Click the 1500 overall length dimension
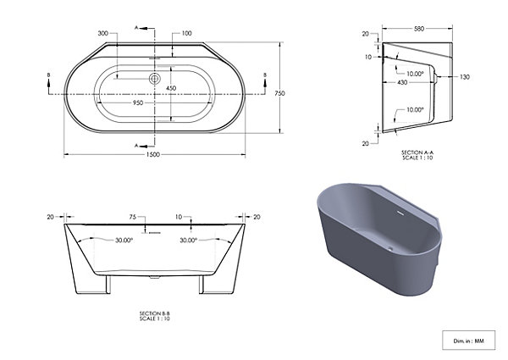(x=153, y=154)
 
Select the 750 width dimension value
(x=279, y=93)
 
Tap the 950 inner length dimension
(x=138, y=103)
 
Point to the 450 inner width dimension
(x=171, y=88)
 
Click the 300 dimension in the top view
(x=103, y=33)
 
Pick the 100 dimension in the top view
(x=186, y=33)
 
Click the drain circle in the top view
(x=155, y=79)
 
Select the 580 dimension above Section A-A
(x=419, y=29)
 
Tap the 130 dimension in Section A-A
(x=465, y=77)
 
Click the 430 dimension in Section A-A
(x=402, y=83)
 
